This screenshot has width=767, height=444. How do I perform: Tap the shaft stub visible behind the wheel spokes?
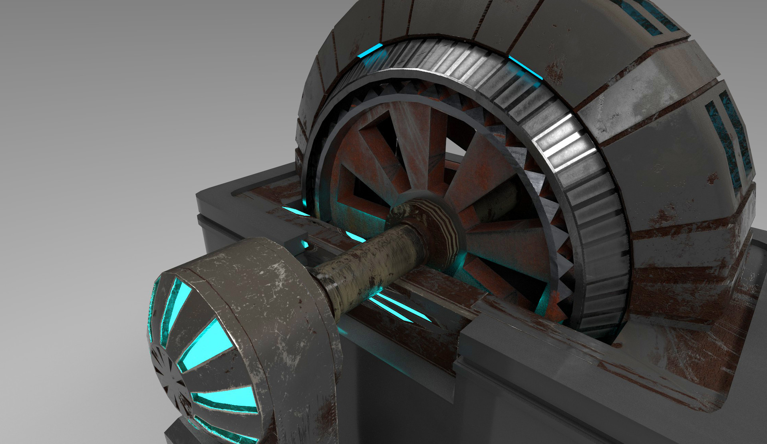click(495, 200)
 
